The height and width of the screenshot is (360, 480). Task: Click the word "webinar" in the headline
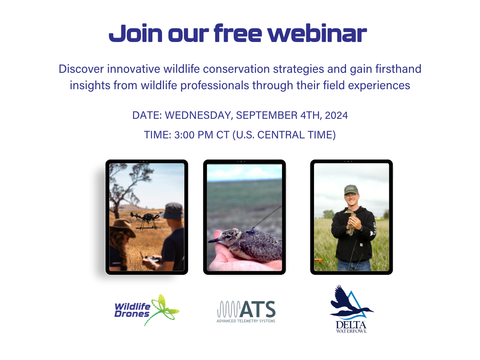coord(317,33)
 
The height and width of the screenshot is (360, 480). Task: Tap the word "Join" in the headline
coord(136,33)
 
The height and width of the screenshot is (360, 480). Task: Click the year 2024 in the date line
coord(336,115)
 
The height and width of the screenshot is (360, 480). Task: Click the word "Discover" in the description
coord(81,69)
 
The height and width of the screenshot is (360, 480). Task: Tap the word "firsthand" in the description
coord(398,69)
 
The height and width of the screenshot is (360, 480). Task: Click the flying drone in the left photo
coord(147,220)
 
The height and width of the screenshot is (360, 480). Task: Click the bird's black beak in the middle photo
coord(214,240)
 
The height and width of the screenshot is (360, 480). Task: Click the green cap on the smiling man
coord(351,189)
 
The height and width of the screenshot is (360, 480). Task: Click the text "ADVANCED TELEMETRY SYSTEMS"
coord(246,321)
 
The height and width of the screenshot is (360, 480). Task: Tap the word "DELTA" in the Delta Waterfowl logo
coord(351,325)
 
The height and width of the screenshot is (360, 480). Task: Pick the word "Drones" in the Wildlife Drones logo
coord(132,314)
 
